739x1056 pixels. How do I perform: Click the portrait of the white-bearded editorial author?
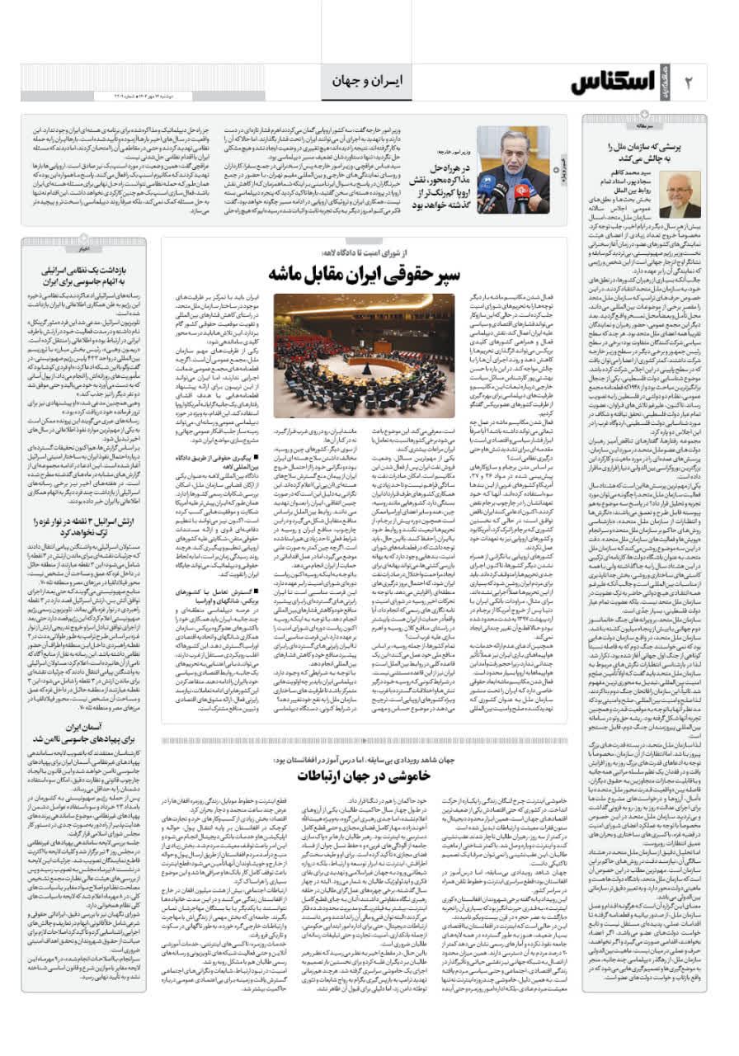(680, 195)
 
